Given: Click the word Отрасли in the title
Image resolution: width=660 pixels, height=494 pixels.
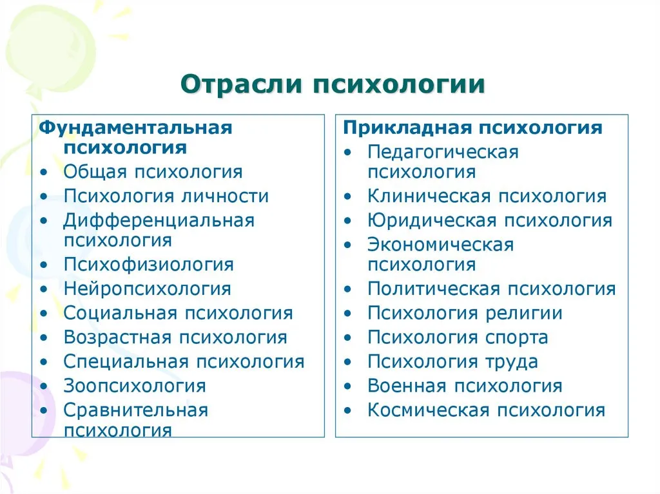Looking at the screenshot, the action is [x=241, y=84].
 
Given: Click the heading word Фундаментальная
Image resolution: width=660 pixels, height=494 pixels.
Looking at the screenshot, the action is [x=135, y=128].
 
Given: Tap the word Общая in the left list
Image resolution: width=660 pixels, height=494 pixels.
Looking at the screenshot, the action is [x=95, y=172].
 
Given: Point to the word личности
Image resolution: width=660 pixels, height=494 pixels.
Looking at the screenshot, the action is [x=225, y=196].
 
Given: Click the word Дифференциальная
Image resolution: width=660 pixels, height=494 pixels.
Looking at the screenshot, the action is [x=159, y=220].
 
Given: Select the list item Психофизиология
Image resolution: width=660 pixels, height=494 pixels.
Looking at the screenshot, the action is [x=149, y=265].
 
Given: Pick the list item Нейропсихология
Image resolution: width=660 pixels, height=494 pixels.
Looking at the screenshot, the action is [x=148, y=289].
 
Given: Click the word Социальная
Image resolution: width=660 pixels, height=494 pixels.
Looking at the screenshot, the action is [x=121, y=314].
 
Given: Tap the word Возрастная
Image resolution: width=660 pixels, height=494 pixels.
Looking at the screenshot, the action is [x=119, y=337].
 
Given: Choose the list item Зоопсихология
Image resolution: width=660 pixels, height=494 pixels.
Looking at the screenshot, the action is [x=135, y=386].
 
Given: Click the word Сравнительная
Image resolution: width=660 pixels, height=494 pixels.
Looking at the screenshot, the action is [x=136, y=410].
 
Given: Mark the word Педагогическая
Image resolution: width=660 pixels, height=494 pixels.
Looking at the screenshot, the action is [x=443, y=153].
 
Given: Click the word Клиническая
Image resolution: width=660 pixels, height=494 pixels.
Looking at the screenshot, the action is [x=429, y=196].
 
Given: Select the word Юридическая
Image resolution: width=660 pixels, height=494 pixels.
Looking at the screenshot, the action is [x=432, y=220].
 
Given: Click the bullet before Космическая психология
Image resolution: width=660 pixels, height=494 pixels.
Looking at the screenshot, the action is [x=347, y=411].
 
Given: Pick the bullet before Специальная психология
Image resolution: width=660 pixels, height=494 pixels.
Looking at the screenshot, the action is [x=44, y=363].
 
